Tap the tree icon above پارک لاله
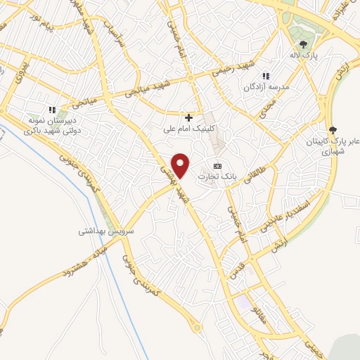coord(304,44)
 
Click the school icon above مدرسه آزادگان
coord(266,76)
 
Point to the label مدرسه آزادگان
coord(266,87)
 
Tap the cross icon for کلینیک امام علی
coord(188,117)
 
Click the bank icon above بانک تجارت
coord(217,165)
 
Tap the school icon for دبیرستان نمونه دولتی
coord(51,110)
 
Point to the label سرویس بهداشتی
coord(106,230)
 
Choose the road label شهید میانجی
coord(147,89)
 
